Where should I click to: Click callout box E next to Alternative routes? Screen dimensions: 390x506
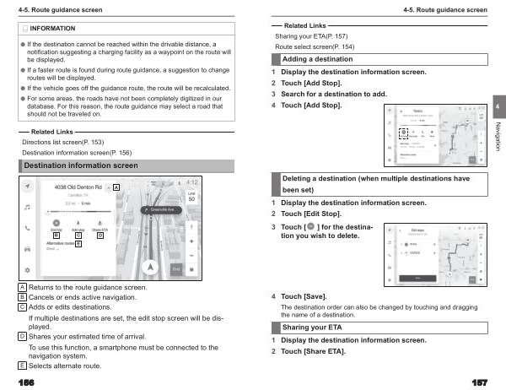click(78, 243)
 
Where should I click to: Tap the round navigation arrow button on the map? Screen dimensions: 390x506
click(151, 267)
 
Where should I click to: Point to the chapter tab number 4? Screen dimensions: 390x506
click(498, 106)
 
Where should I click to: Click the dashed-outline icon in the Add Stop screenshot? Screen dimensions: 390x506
click(403, 133)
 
